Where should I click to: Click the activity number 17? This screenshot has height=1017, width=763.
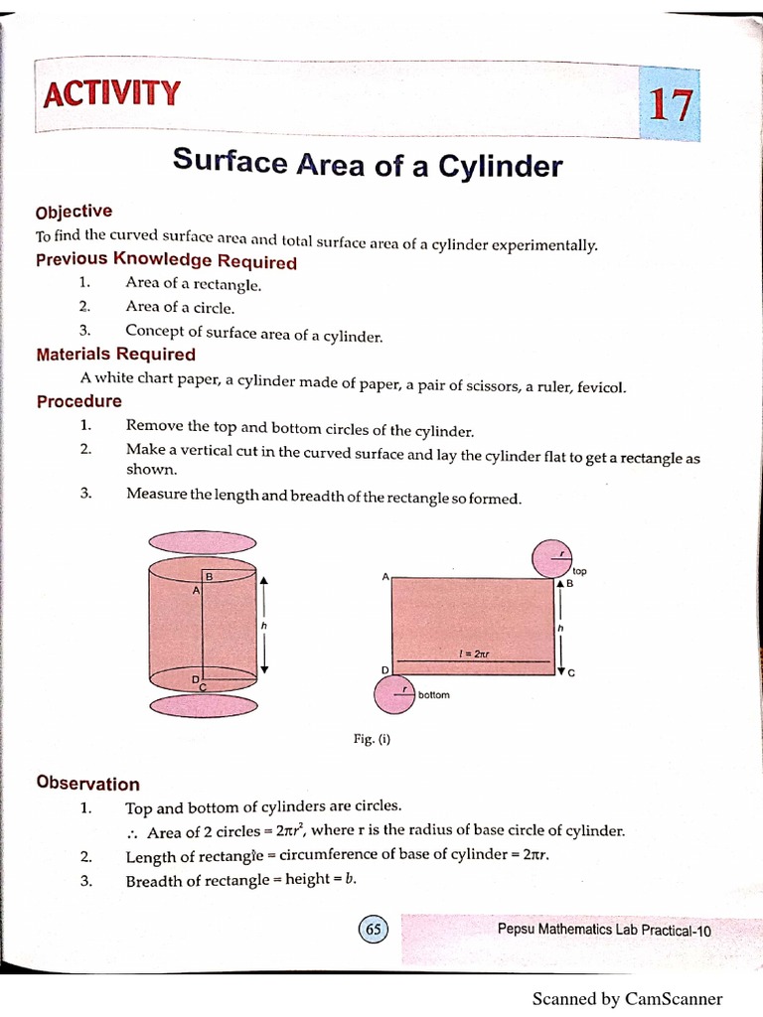pos(671,104)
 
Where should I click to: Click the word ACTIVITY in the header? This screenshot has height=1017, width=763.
pos(112,94)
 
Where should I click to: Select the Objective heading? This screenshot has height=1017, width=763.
pos(75,212)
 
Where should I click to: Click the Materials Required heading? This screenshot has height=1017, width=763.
pos(116,355)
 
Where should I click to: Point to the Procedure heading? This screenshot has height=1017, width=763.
pos(79,401)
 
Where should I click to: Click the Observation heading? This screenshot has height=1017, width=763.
pos(88,783)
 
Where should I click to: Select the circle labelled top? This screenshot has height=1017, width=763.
pos(551,558)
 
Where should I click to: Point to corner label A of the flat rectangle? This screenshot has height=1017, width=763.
pos(384,577)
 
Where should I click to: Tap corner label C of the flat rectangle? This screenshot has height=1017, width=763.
pos(571,673)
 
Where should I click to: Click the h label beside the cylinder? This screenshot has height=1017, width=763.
pos(264,627)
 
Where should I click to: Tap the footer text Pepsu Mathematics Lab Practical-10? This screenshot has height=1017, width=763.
pos(604,930)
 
